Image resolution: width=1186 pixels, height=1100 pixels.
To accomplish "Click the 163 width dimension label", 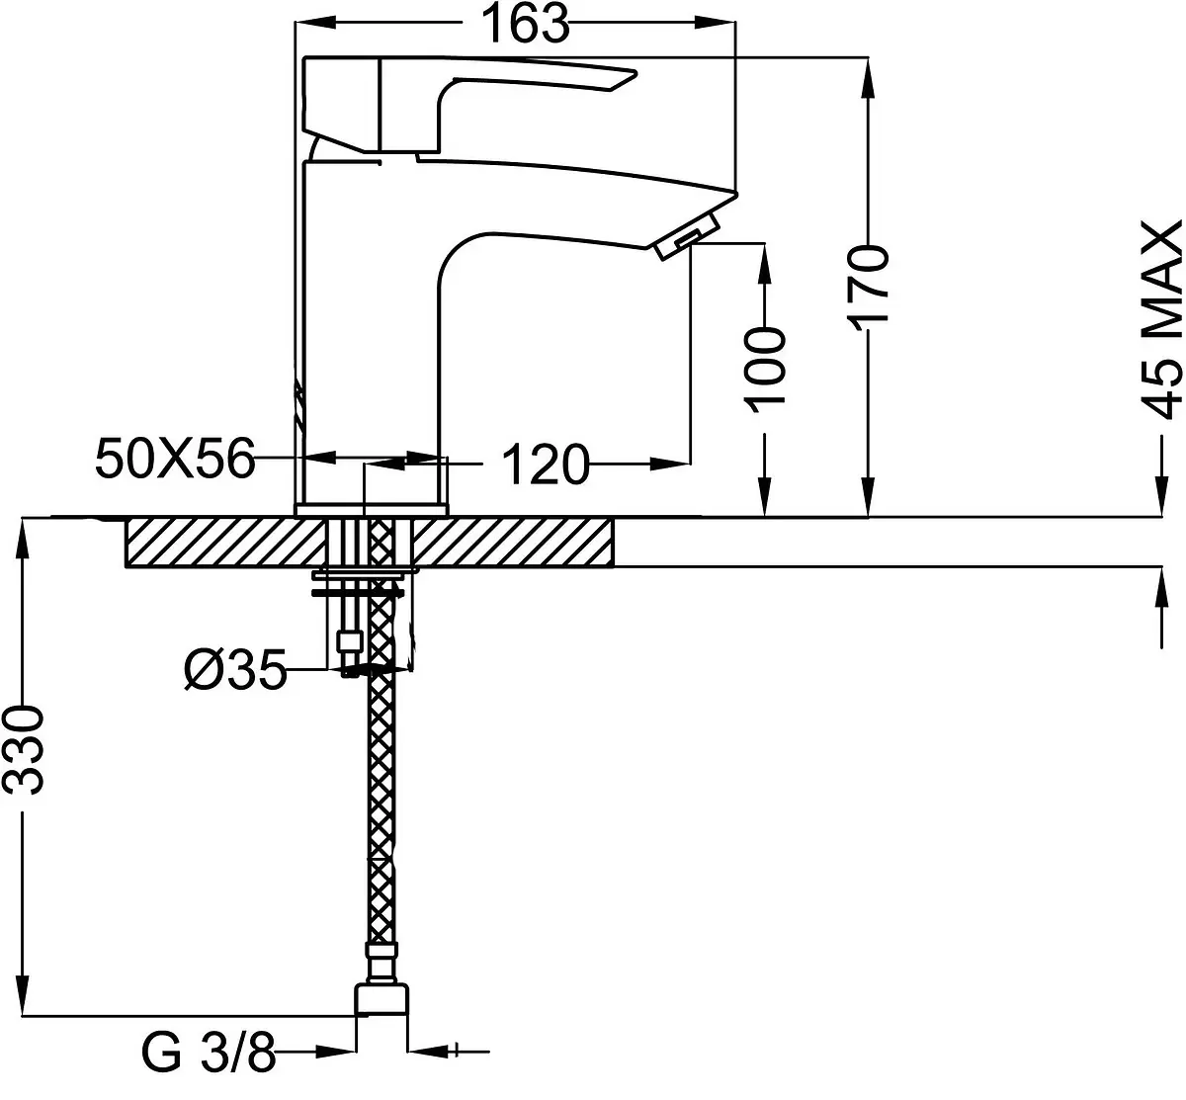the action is click(x=525, y=24).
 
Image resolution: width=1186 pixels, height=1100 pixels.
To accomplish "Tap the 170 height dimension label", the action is click(x=868, y=289).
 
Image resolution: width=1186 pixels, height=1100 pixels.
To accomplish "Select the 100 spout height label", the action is click(x=764, y=370).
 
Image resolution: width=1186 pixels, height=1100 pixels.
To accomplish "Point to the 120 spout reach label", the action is click(x=546, y=464).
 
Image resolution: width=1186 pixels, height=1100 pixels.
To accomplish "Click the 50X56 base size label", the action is click(x=175, y=459).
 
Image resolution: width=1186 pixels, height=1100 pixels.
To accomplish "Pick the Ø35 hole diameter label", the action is click(x=235, y=669).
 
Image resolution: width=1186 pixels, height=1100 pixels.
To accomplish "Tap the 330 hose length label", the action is click(x=23, y=750).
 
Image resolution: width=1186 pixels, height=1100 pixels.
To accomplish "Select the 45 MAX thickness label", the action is click(x=1161, y=319).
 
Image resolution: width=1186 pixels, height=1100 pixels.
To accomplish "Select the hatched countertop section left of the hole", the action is click(x=226, y=543).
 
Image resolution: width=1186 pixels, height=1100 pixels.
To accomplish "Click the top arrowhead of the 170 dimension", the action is click(x=868, y=78).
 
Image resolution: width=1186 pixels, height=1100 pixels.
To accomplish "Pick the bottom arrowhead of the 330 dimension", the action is click(x=23, y=993).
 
